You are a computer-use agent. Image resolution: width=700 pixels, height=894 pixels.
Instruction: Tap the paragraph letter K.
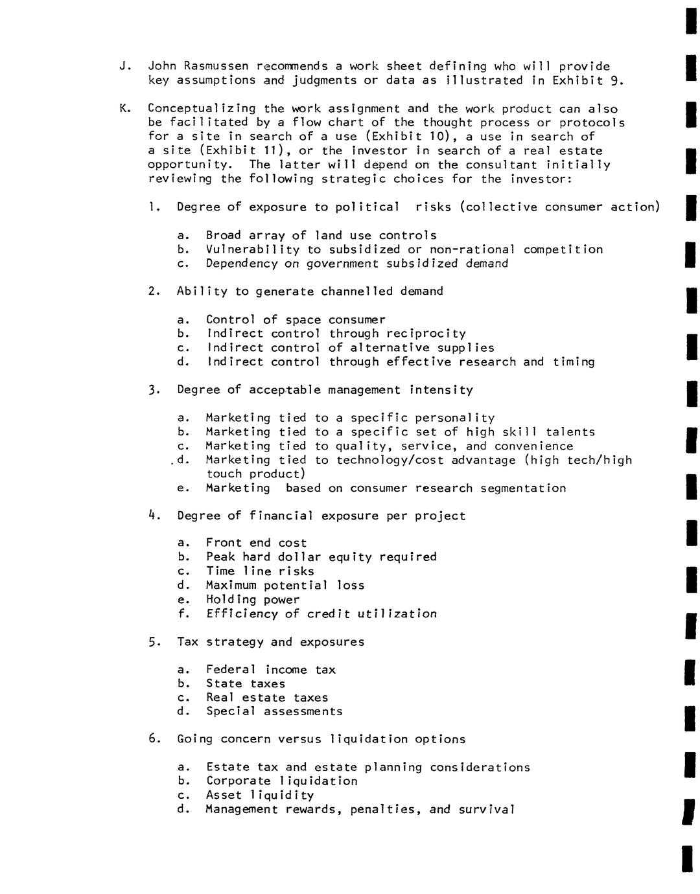point(122,109)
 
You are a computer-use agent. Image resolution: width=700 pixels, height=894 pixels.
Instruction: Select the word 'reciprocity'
point(426,334)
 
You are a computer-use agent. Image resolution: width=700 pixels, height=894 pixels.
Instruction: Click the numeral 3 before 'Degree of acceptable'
point(152,390)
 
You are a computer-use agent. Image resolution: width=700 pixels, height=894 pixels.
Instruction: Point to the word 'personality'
point(454,418)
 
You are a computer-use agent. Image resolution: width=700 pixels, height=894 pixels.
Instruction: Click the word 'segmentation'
point(523,488)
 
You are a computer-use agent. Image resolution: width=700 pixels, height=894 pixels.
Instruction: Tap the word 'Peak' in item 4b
point(220,557)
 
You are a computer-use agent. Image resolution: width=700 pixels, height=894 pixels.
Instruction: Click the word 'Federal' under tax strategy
point(231,670)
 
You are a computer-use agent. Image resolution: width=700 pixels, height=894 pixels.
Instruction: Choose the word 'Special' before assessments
point(231,711)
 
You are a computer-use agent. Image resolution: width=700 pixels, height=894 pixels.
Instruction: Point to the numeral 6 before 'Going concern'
point(152,739)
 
